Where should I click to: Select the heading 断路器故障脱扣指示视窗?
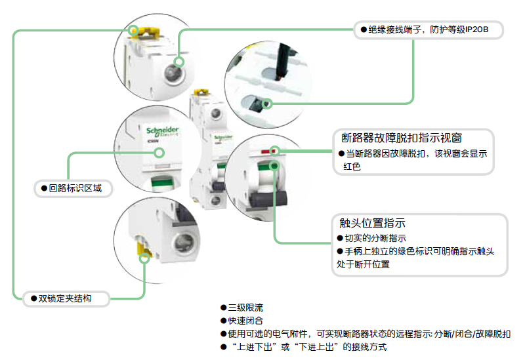click(402, 138)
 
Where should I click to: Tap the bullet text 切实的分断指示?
click(375, 238)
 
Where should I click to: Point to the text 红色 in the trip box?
click(352, 167)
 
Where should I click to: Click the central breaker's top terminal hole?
click(213, 113)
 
